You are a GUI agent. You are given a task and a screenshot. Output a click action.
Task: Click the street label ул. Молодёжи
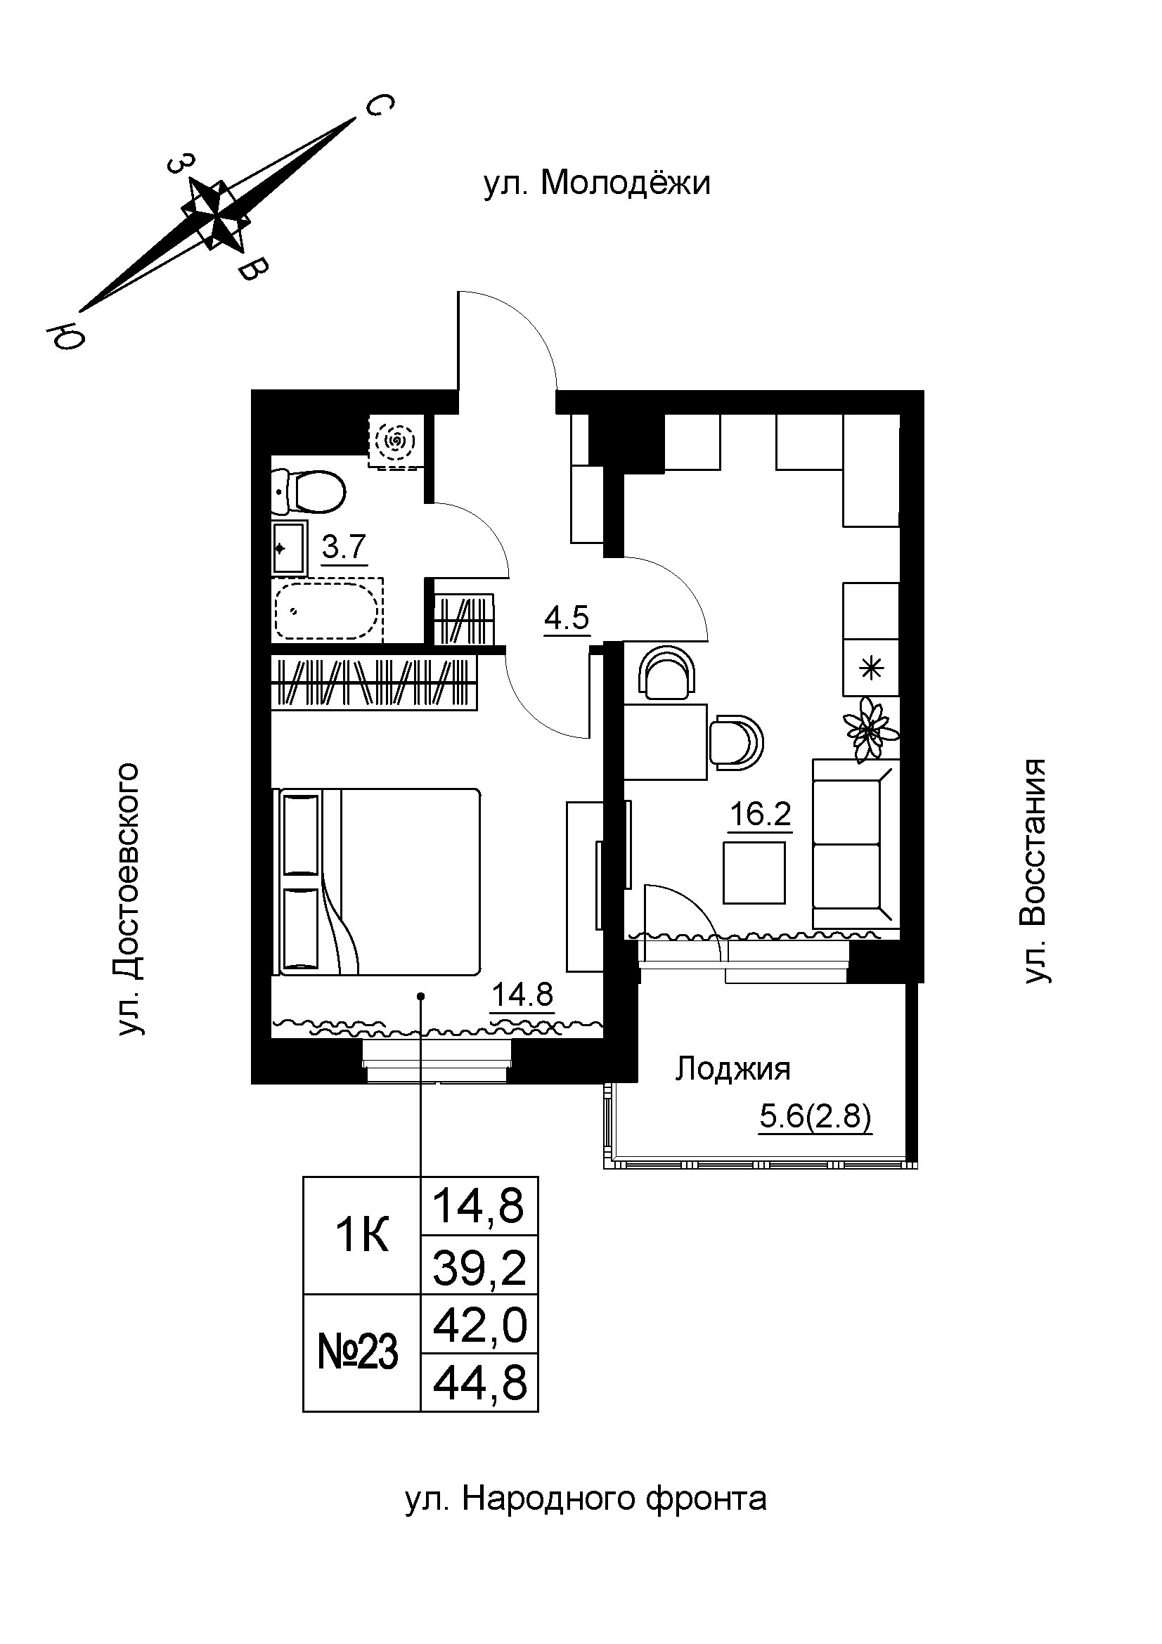click(597, 183)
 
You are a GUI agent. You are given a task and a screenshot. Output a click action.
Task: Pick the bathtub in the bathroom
click(326, 611)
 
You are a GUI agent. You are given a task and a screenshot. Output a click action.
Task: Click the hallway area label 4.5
click(567, 617)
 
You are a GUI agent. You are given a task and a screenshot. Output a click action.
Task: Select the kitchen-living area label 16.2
click(760, 814)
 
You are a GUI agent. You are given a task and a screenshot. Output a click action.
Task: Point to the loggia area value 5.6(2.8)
click(815, 1117)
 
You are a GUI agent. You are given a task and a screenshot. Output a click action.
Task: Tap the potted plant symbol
click(870, 730)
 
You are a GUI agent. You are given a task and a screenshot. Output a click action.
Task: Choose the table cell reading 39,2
click(479, 1268)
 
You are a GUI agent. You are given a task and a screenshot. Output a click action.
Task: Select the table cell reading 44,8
click(479, 1384)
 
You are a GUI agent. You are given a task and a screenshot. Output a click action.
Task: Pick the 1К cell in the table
click(361, 1236)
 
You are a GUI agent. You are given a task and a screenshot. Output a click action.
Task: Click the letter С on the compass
click(379, 107)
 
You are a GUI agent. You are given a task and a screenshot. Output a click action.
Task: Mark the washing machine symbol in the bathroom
click(394, 442)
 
